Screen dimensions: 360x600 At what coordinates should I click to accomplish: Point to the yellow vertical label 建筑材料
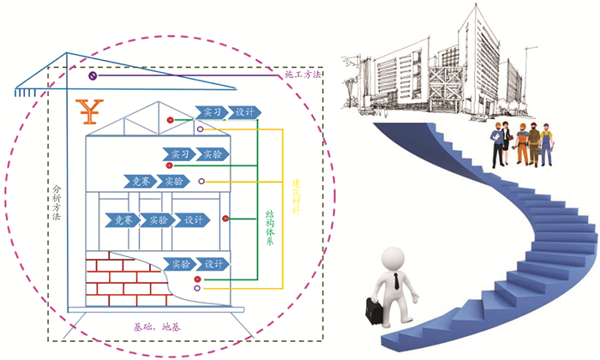(x=296, y=196)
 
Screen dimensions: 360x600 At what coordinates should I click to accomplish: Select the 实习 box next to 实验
(x=179, y=154)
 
